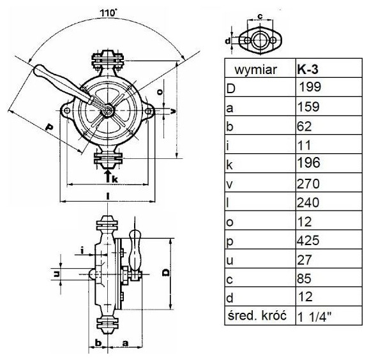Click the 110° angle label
(109, 13)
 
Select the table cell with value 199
(329, 87)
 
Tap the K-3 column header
(329, 68)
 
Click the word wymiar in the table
(256, 70)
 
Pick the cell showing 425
(329, 240)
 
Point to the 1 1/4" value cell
(329, 316)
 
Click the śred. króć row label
(257, 315)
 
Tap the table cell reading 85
(329, 278)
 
